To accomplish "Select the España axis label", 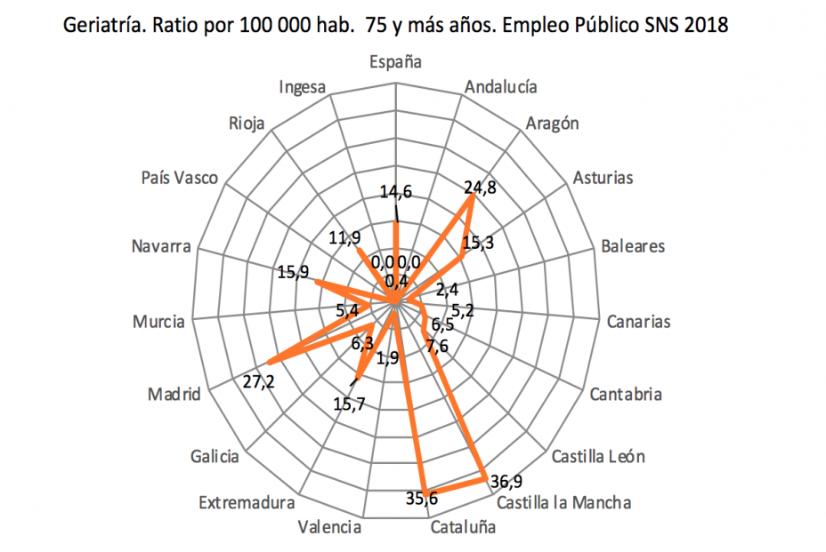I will point(396,62).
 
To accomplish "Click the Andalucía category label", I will point(501,87).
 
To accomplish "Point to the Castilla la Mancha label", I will point(564,503).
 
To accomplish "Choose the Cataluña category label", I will point(463,527).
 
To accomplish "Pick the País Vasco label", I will point(179,178).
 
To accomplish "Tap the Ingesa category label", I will point(303,87).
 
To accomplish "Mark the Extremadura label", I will point(246,503).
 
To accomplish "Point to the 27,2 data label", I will point(258,380).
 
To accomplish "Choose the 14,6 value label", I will point(396,192).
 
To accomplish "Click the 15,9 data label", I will point(293,273).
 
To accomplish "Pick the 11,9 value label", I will point(344,238).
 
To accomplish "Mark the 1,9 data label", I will point(388,358).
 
